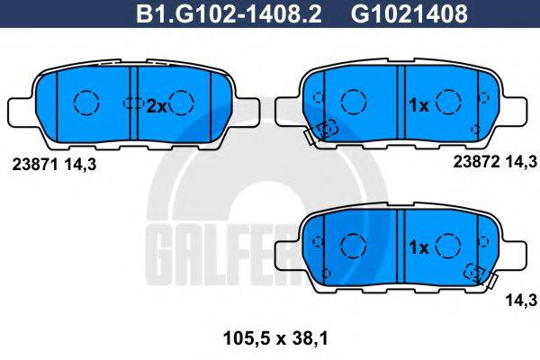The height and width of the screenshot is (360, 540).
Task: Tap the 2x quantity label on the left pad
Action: click(x=157, y=105)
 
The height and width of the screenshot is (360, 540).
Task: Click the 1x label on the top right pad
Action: click(x=418, y=105)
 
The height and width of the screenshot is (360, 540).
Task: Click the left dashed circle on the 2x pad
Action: click(x=86, y=103)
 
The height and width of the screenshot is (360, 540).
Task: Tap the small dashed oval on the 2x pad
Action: click(x=133, y=103)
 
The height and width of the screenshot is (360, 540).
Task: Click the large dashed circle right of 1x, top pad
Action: click(x=447, y=103)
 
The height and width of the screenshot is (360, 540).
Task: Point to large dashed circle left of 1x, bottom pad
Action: click(x=354, y=245)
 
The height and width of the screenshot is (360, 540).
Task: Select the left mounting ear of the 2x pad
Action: click(x=24, y=111)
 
